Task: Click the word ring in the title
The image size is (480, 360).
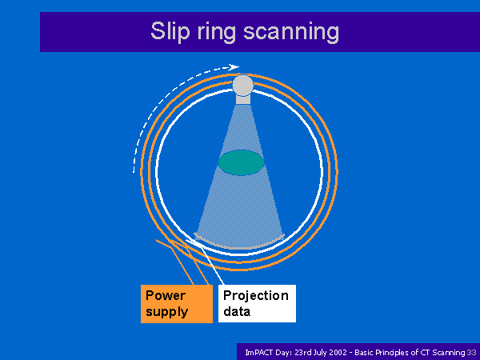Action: [216, 32]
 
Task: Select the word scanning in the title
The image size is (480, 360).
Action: [291, 32]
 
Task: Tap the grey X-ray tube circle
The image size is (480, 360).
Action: [243, 85]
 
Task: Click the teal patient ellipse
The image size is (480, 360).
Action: [242, 162]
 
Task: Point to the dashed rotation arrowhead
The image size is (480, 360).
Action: [234, 67]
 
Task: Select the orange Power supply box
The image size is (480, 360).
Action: [177, 304]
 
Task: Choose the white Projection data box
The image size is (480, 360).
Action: [257, 303]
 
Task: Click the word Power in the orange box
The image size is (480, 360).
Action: [166, 296]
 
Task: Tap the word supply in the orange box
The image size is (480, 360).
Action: [167, 312]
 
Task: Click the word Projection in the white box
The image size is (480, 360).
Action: [256, 296]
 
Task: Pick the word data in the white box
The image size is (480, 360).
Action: [237, 312]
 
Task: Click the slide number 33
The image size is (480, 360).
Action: [471, 353]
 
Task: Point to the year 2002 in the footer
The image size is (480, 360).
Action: [338, 353]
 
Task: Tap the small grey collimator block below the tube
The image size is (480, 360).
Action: [243, 99]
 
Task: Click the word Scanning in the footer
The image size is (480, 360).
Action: [449, 353]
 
